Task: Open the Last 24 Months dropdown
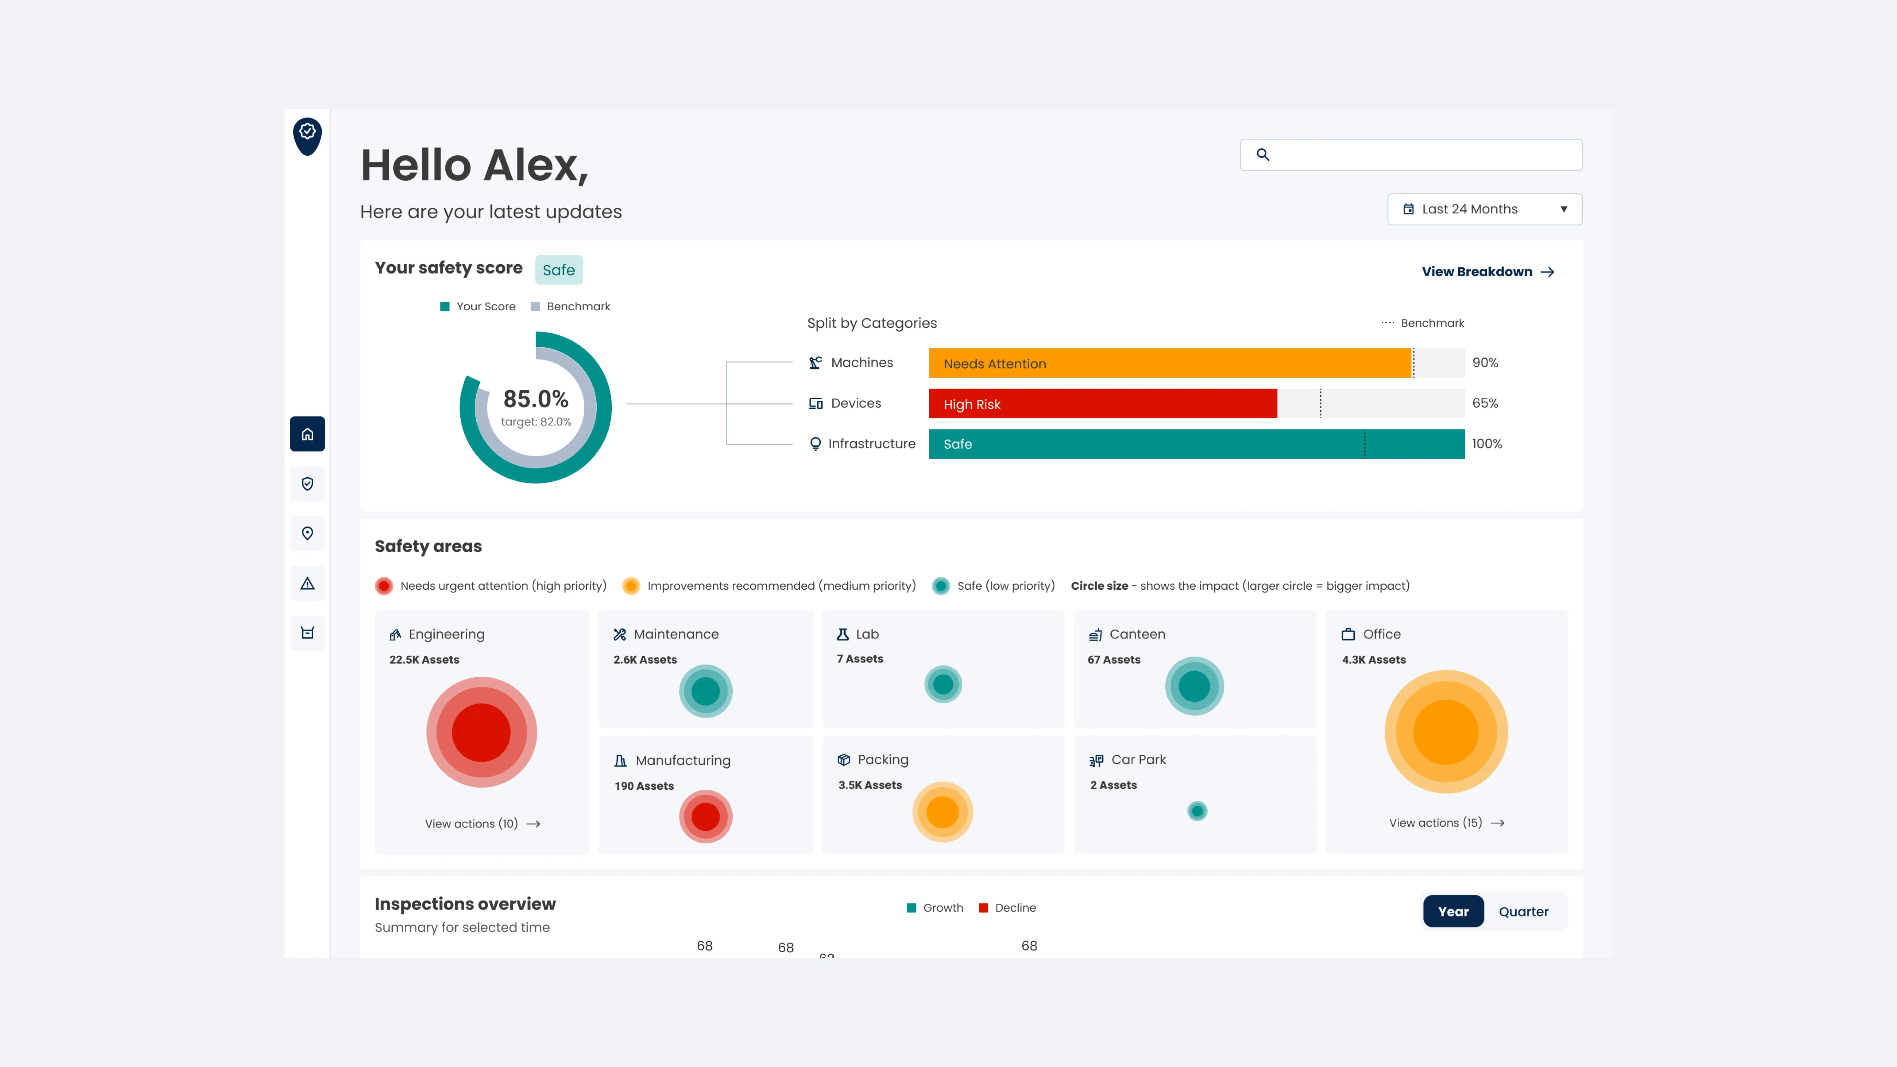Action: (x=1484, y=209)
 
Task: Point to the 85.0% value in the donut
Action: (x=535, y=399)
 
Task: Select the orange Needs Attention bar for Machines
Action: (x=1169, y=363)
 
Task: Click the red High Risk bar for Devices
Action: (x=1102, y=403)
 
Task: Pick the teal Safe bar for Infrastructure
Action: (x=1196, y=444)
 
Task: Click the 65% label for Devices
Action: (x=1485, y=403)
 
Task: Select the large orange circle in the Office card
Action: (x=1445, y=732)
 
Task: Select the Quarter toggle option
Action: (x=1523, y=912)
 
